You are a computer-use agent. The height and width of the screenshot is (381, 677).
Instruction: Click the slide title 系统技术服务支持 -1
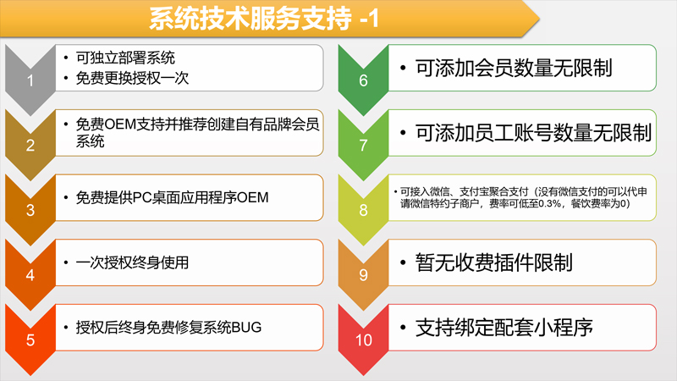point(264,19)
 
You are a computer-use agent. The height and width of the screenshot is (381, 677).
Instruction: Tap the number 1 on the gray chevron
point(30,80)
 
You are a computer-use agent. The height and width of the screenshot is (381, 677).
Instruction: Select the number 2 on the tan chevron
point(30,145)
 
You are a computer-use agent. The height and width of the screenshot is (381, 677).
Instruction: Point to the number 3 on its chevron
point(30,210)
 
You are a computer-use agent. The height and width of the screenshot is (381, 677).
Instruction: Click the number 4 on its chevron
point(30,274)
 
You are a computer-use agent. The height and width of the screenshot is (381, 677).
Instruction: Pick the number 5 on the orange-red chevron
point(30,340)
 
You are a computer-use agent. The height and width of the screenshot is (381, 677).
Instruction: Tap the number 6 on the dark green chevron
point(364,80)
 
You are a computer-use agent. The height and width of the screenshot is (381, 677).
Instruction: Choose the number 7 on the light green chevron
point(364,145)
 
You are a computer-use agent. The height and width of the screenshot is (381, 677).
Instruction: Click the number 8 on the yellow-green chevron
point(364,210)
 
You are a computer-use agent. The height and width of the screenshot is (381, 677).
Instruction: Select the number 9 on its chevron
point(364,274)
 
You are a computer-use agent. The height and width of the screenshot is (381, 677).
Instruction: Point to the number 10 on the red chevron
point(364,340)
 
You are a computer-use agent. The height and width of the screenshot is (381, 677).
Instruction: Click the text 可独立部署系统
point(125,58)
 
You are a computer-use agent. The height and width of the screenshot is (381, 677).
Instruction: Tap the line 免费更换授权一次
point(132,78)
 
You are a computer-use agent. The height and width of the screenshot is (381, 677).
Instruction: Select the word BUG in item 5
point(246,328)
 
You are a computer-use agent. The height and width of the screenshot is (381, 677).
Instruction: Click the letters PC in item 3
point(140,197)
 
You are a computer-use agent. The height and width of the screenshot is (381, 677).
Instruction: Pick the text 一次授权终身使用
point(132,262)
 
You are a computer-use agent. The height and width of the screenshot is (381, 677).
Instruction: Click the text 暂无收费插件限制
point(493,262)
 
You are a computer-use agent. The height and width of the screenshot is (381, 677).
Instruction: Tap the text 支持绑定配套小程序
point(504,328)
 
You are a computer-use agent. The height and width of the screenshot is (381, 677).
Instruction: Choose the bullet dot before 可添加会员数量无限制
point(403,68)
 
